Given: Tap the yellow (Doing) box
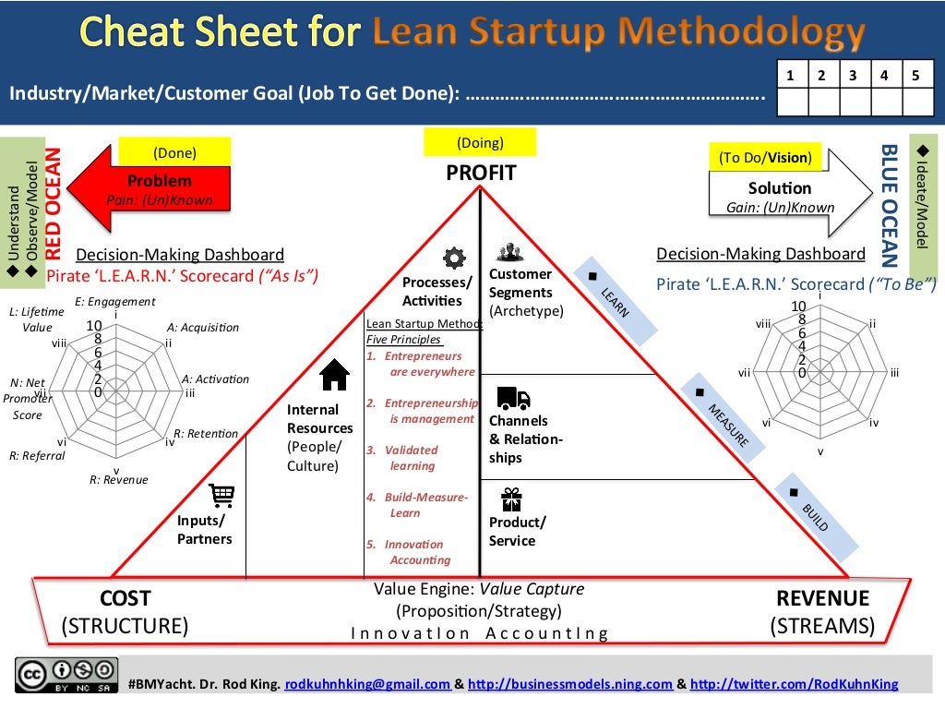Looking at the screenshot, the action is point(480,143).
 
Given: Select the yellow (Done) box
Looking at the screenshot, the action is point(174,152).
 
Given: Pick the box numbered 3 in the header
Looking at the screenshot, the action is point(853,77).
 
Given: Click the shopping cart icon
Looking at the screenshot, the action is point(222,496).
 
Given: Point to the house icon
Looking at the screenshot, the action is point(333,375).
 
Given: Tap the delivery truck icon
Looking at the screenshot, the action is point(513,398).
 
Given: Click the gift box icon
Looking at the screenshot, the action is point(511,499).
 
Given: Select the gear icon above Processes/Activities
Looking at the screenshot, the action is point(453,257).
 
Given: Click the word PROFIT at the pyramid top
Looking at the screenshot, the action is point(481,173).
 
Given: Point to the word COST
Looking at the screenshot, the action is point(125,598).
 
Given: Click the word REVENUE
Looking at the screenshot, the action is point(822,598).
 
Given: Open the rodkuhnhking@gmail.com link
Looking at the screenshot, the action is point(368,684).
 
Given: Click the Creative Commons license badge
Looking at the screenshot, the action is point(66,675).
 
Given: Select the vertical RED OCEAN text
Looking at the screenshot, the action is point(54,204).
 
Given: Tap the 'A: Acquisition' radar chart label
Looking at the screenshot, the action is point(203,327).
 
